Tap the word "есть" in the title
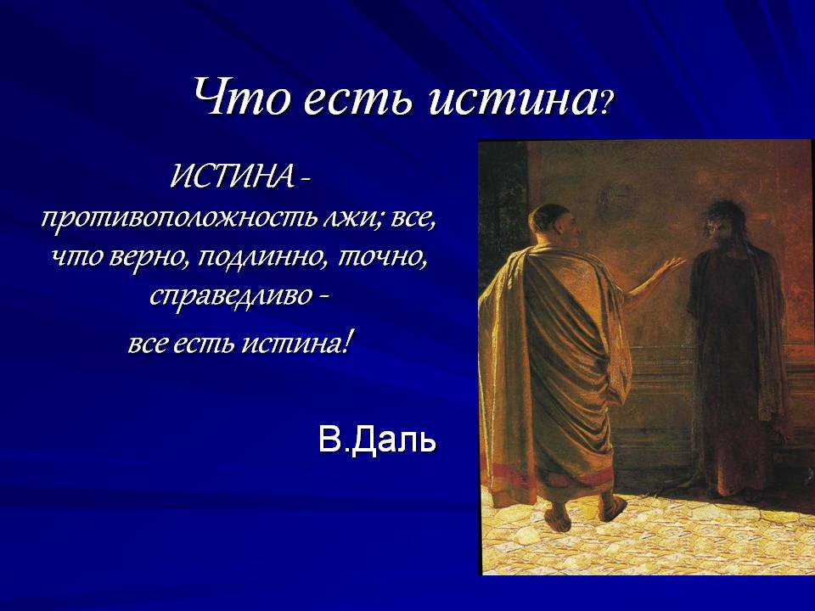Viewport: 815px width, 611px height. (355, 99)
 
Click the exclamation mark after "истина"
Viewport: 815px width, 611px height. (348, 344)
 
